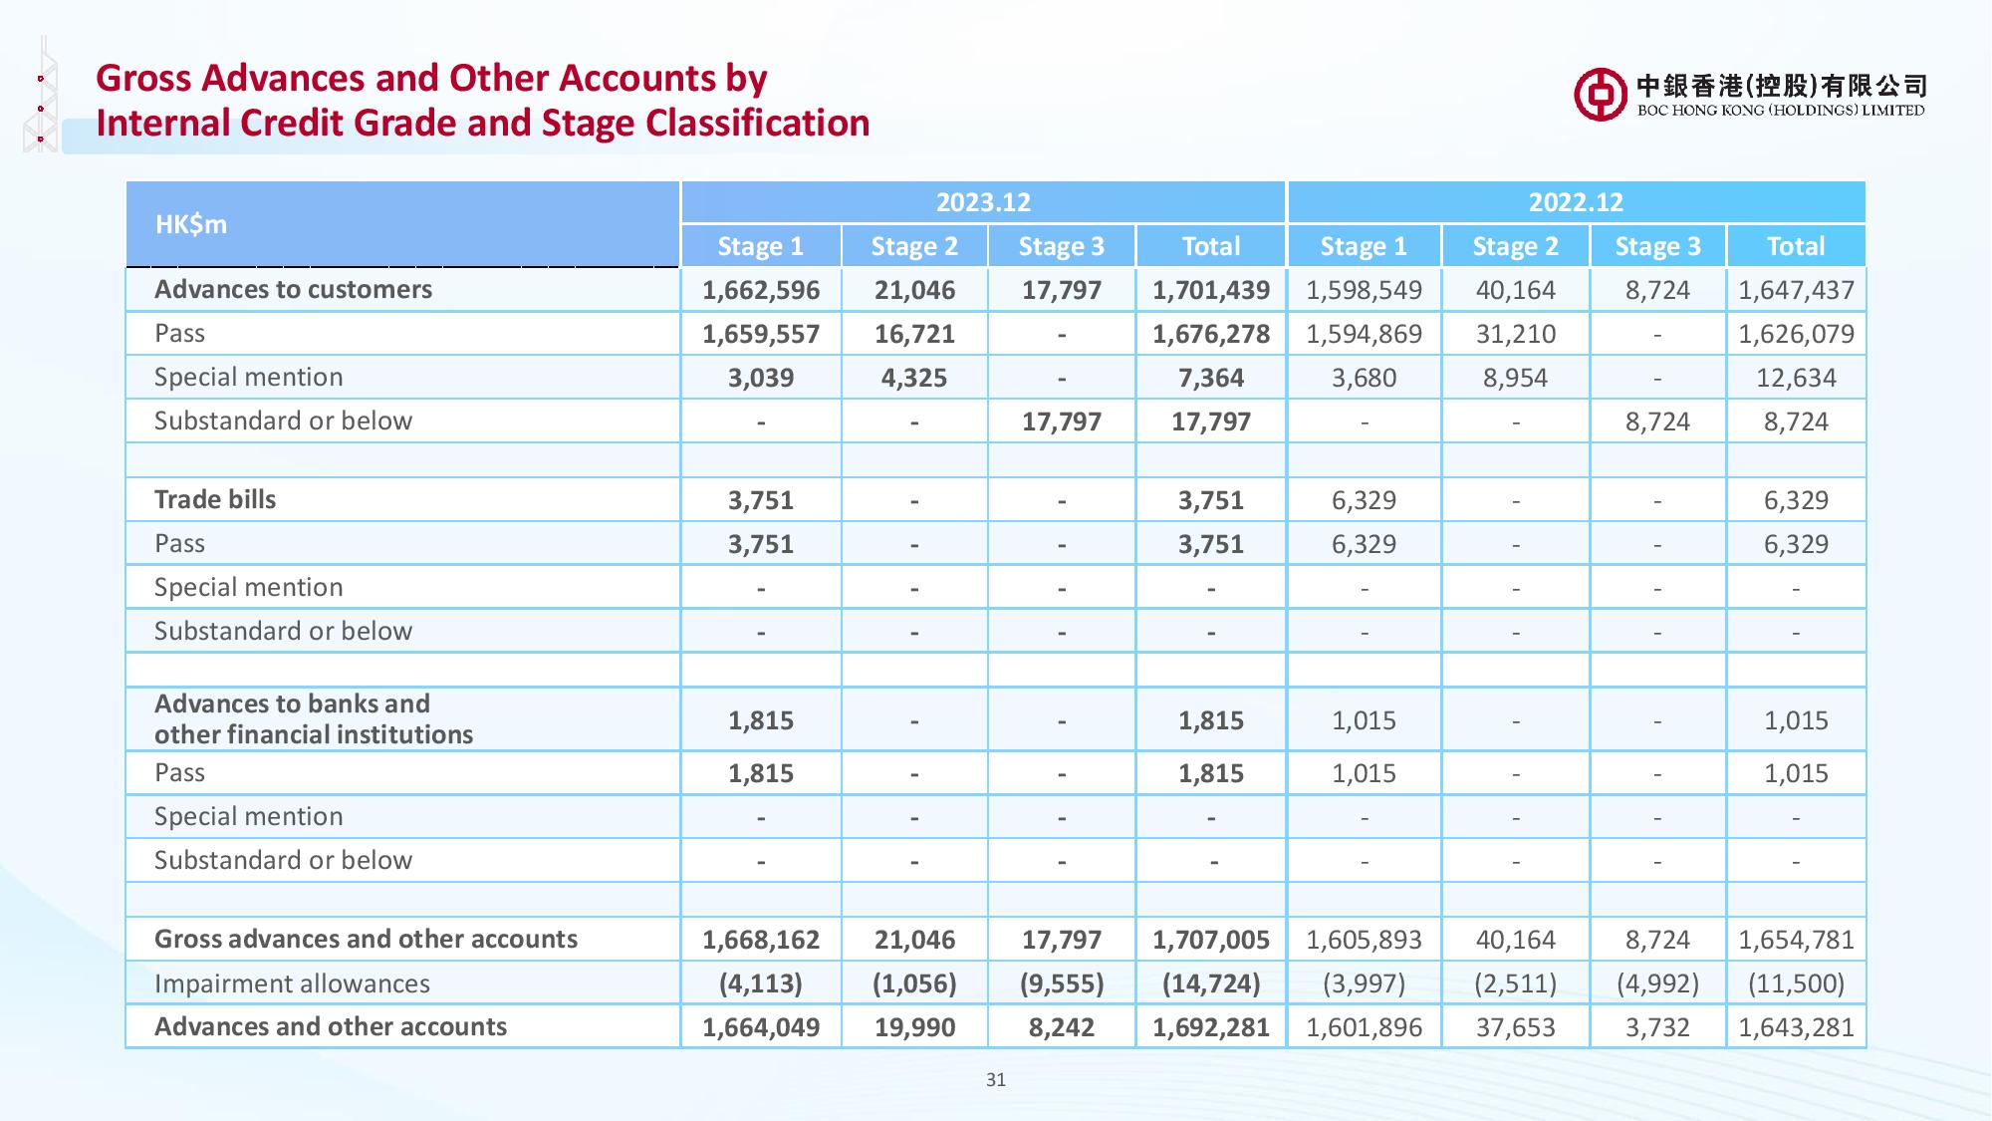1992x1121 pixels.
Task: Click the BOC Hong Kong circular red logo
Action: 1601,96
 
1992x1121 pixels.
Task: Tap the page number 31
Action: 995,1079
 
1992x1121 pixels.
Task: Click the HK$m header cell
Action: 191,224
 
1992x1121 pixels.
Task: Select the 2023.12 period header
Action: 983,202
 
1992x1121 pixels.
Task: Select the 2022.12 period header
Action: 1576,202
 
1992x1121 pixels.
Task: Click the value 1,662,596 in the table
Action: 761,290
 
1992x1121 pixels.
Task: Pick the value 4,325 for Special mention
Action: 914,378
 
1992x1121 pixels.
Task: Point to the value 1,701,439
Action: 1211,290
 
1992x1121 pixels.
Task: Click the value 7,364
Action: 1211,378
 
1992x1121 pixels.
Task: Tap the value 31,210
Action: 1516,334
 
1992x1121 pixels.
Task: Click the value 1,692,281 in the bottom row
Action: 1211,1027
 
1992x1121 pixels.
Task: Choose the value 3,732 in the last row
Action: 1657,1027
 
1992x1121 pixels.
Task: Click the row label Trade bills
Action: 215,499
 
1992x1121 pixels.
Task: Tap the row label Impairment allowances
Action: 292,983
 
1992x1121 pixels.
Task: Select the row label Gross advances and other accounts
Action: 366,939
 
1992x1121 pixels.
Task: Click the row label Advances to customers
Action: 293,289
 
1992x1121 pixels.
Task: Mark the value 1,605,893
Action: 1364,940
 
